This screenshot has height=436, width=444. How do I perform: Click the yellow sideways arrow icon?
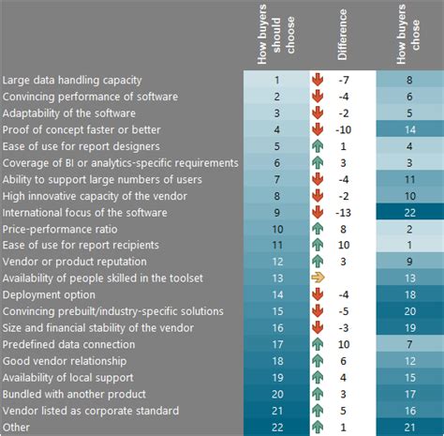click(x=318, y=278)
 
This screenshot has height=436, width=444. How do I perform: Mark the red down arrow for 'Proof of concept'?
click(x=318, y=129)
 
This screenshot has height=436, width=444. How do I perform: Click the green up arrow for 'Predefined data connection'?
click(x=318, y=344)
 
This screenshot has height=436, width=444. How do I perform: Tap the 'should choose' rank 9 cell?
click(x=276, y=213)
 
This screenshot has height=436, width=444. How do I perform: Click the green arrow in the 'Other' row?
click(x=318, y=428)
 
